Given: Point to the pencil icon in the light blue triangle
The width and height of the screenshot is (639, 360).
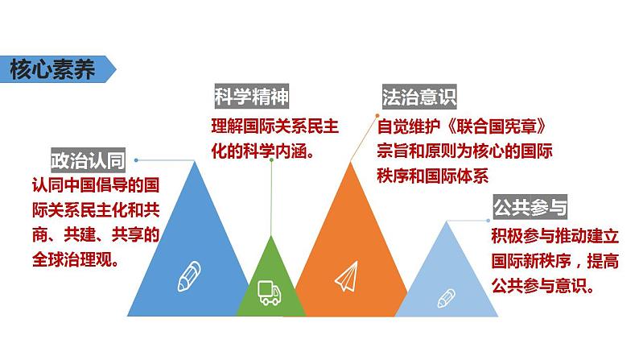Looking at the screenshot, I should pyautogui.click(x=445, y=299).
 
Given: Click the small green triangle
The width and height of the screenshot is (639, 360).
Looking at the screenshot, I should pyautogui.click(x=270, y=274).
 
